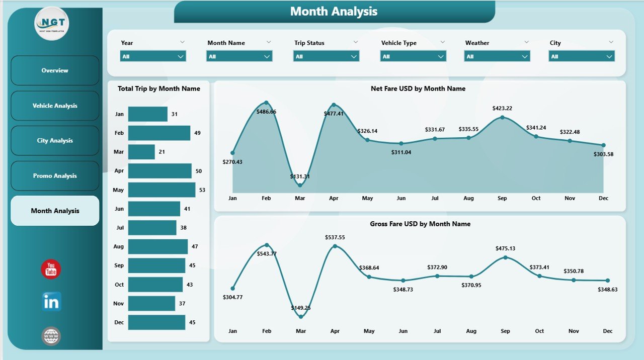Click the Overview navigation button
(55, 70)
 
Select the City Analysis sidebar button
(55, 141)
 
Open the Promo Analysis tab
(55, 176)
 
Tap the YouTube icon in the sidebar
(51, 269)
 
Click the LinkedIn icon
(51, 302)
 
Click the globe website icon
(51, 336)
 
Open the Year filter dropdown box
(153, 56)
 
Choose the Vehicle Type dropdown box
(413, 56)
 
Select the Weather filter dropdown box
(497, 56)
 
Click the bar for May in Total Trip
(162, 190)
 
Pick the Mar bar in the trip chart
(141, 152)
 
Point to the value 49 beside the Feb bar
(198, 133)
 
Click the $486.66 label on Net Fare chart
(266, 112)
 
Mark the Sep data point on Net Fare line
(502, 118)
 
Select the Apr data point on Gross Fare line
(335, 246)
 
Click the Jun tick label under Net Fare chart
(401, 198)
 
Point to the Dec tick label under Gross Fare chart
(607, 331)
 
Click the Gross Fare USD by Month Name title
(420, 224)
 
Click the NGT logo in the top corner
(52, 23)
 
